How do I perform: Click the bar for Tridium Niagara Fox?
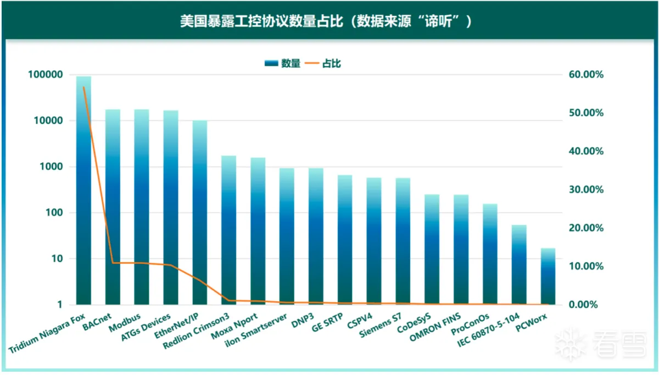pyautogui.click(x=83, y=192)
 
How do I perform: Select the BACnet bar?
pyautogui.click(x=113, y=209)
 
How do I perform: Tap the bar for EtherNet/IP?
pyautogui.click(x=200, y=214)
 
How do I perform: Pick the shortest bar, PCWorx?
pyautogui.click(x=548, y=278)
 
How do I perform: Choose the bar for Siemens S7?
pyautogui.click(x=403, y=242)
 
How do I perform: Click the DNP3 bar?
pyautogui.click(x=316, y=236)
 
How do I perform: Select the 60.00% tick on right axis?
pyautogui.click(x=584, y=75)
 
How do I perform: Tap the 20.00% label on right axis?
pyautogui.click(x=584, y=228)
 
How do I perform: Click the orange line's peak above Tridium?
pyautogui.click(x=83, y=87)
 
